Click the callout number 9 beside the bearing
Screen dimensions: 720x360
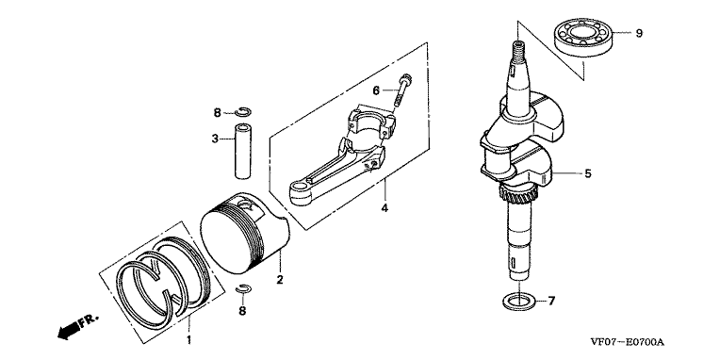coord(639,34)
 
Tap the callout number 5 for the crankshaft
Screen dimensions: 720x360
coord(588,173)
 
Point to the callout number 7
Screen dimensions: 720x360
coord(551,302)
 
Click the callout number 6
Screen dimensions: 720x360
coord(376,90)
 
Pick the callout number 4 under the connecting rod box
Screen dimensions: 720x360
coord(385,208)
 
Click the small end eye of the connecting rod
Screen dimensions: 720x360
coord(300,191)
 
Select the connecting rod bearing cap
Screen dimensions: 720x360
coord(373,122)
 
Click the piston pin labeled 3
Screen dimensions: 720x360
coord(243,151)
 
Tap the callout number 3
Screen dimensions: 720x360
coord(215,139)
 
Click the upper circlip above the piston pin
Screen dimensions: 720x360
coord(243,111)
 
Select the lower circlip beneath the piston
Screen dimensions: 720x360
coord(243,288)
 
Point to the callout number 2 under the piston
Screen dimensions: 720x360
coord(279,279)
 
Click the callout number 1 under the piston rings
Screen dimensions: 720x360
coord(188,340)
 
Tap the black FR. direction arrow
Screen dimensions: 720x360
coord(68,331)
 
